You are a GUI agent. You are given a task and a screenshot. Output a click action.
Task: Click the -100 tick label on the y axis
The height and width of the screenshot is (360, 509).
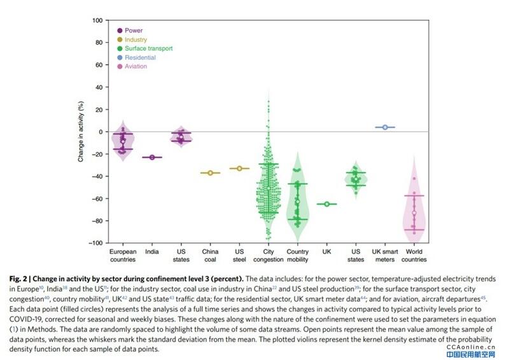coord(95,243)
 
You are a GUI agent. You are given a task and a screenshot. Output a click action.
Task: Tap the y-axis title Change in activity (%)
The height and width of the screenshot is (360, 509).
coord(81,132)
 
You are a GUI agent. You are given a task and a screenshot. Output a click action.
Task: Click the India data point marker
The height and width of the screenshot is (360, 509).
coord(152,157)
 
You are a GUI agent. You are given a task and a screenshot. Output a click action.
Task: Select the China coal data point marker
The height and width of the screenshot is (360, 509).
coord(211,172)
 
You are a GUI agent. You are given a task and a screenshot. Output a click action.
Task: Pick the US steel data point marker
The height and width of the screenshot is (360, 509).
coord(239,169)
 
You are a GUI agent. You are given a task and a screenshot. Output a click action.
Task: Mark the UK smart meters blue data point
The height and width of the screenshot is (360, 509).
coord(385,127)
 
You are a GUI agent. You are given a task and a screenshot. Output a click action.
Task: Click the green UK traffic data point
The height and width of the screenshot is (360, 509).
coord(327,204)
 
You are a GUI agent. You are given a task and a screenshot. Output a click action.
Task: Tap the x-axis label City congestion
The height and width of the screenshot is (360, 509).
coord(268,255)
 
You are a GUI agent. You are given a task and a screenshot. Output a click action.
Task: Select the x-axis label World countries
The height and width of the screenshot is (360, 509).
coord(414,255)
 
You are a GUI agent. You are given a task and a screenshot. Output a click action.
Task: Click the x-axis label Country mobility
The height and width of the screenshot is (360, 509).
coord(298,255)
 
